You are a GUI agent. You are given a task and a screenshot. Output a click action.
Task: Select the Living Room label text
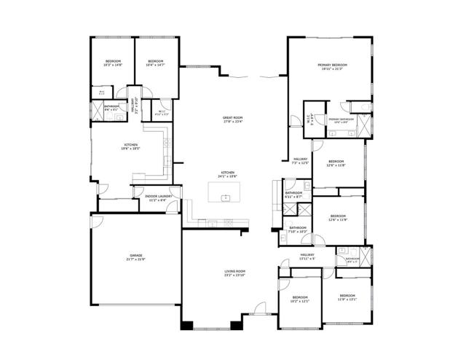(x=234, y=273)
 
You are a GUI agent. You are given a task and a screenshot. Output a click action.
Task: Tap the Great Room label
(x=232, y=120)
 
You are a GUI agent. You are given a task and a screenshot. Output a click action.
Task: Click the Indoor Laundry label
(x=158, y=197)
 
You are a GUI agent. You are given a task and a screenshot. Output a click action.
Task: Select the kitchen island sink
(x=226, y=197)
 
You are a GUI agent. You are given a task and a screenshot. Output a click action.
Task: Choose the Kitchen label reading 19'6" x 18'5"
(x=130, y=147)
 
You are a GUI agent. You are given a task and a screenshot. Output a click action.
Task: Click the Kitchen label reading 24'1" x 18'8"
(x=228, y=174)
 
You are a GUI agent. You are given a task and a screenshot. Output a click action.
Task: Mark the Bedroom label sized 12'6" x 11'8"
(x=336, y=163)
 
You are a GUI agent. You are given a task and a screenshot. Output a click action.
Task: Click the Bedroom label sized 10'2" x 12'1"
(x=301, y=299)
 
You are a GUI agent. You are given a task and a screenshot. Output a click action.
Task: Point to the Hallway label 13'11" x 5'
(x=307, y=257)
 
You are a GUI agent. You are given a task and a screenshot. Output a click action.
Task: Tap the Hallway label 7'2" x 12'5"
(x=301, y=160)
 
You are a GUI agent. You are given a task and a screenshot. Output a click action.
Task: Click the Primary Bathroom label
(x=341, y=120)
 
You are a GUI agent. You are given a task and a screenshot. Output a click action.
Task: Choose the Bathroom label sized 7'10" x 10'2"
(x=297, y=230)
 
